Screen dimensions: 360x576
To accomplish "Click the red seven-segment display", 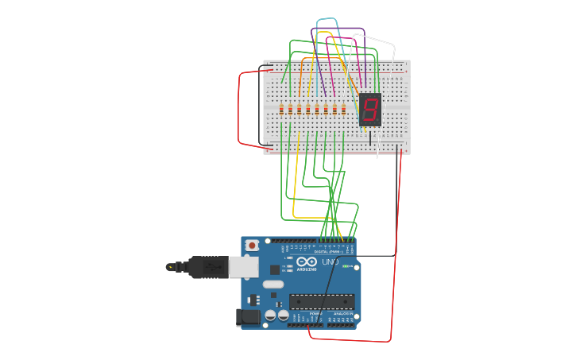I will pyautogui.click(x=370, y=109).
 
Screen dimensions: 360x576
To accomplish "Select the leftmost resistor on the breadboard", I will pyautogui.click(x=281, y=109).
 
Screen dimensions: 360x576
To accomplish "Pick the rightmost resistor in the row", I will pyautogui.click(x=343, y=109).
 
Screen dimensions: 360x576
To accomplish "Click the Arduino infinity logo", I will pyautogui.click(x=307, y=261).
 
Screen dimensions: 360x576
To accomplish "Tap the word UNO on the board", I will pyautogui.click(x=330, y=261).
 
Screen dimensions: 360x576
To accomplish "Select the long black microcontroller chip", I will pyautogui.click(x=322, y=301).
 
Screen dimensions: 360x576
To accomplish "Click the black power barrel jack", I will pyautogui.click(x=248, y=317).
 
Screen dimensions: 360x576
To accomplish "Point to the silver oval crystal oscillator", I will pyautogui.click(x=273, y=284).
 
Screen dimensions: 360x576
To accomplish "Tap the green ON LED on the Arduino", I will pyautogui.click(x=347, y=266).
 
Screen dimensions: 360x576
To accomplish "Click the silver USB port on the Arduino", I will pyautogui.click(x=244, y=266).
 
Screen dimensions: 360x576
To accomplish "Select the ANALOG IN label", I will pyautogui.click(x=344, y=313).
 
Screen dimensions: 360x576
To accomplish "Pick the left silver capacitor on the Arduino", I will pyautogui.click(x=271, y=315).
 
